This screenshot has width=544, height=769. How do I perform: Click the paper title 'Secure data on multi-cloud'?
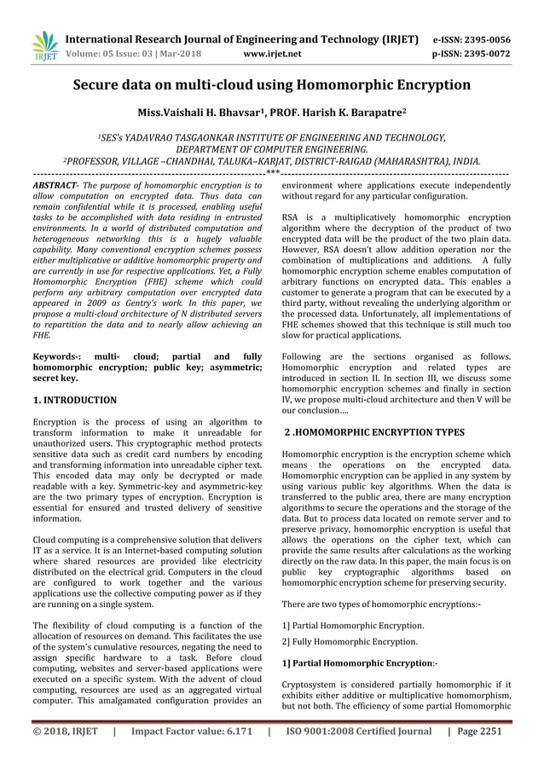(271, 85)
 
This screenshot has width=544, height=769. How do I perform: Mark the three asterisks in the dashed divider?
(272, 174)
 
